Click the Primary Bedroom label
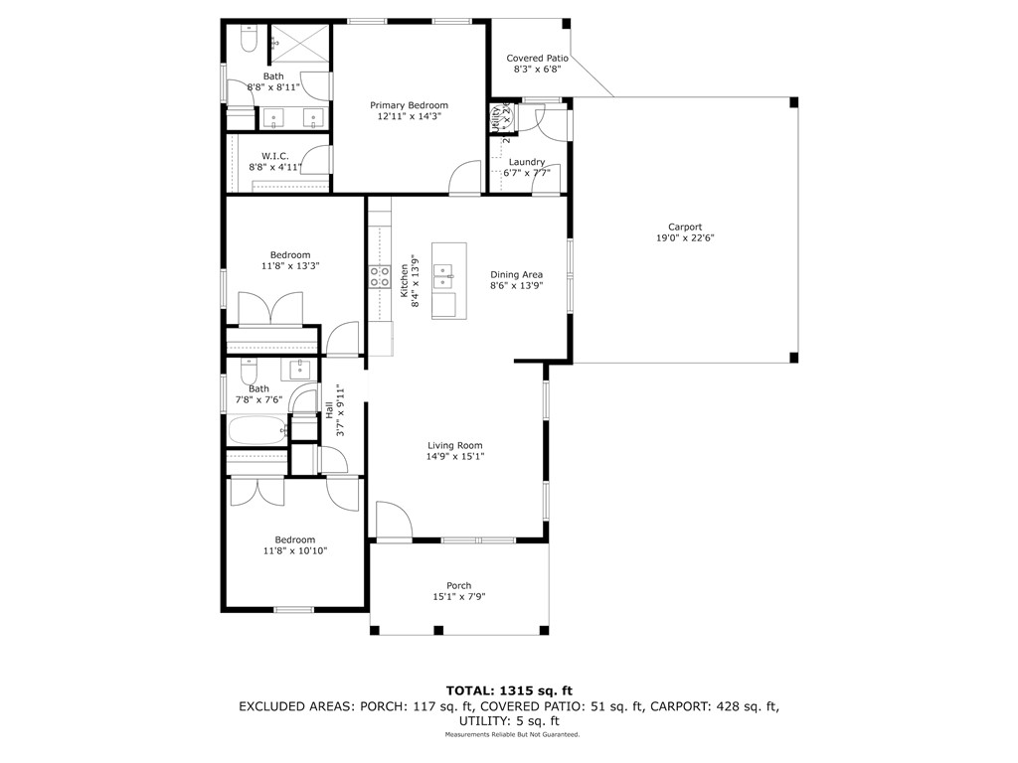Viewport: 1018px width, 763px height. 409,105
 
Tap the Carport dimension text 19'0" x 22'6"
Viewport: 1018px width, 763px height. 685,237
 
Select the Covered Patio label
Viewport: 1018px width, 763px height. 537,58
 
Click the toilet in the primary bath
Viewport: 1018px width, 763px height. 249,39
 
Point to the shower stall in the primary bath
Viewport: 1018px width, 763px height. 299,41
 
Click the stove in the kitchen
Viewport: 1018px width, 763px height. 379,275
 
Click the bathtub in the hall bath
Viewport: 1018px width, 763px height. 256,431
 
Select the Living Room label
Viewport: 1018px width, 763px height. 455,445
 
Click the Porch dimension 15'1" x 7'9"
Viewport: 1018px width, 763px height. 458,597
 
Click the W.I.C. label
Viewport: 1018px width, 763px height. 274,156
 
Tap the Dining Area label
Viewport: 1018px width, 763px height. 516,274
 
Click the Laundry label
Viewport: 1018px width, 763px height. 526,162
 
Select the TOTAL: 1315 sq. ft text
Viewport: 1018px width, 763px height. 508,689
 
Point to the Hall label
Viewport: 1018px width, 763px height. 329,408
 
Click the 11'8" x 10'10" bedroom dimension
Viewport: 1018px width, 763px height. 295,550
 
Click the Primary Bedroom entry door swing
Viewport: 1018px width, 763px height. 463,177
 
